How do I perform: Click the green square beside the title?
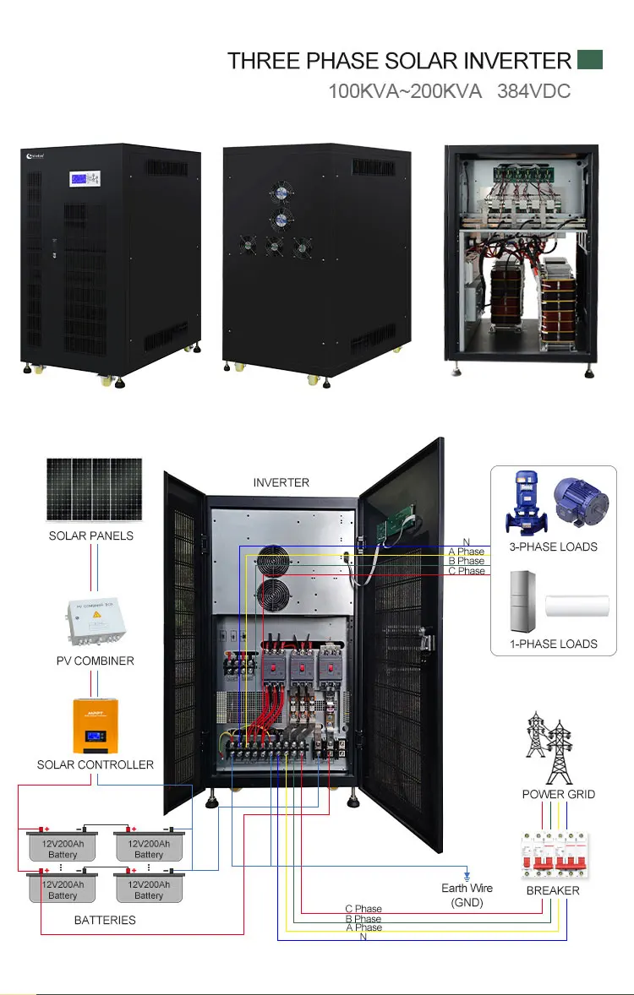click(x=589, y=59)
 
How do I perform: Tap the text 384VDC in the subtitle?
click(x=533, y=90)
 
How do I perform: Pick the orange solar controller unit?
click(x=94, y=726)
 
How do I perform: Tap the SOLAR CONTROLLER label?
click(x=95, y=764)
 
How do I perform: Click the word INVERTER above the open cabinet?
click(x=281, y=482)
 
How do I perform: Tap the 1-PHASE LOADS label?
click(x=554, y=644)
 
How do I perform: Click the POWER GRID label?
click(x=558, y=794)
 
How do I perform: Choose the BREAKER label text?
click(x=553, y=890)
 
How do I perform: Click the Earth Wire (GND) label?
click(x=467, y=895)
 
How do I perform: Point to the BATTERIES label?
click(x=105, y=920)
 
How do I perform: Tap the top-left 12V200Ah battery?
click(x=63, y=848)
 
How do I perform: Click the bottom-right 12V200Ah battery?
click(x=149, y=889)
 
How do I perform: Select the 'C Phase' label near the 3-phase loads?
click(x=467, y=571)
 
